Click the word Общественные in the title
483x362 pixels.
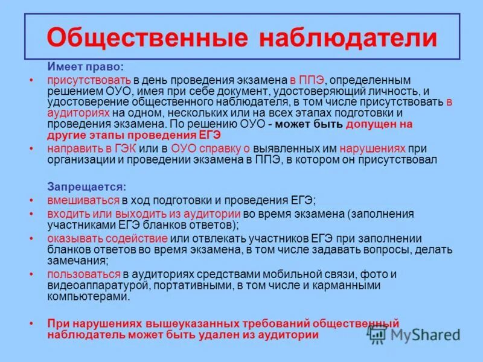[147, 37]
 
